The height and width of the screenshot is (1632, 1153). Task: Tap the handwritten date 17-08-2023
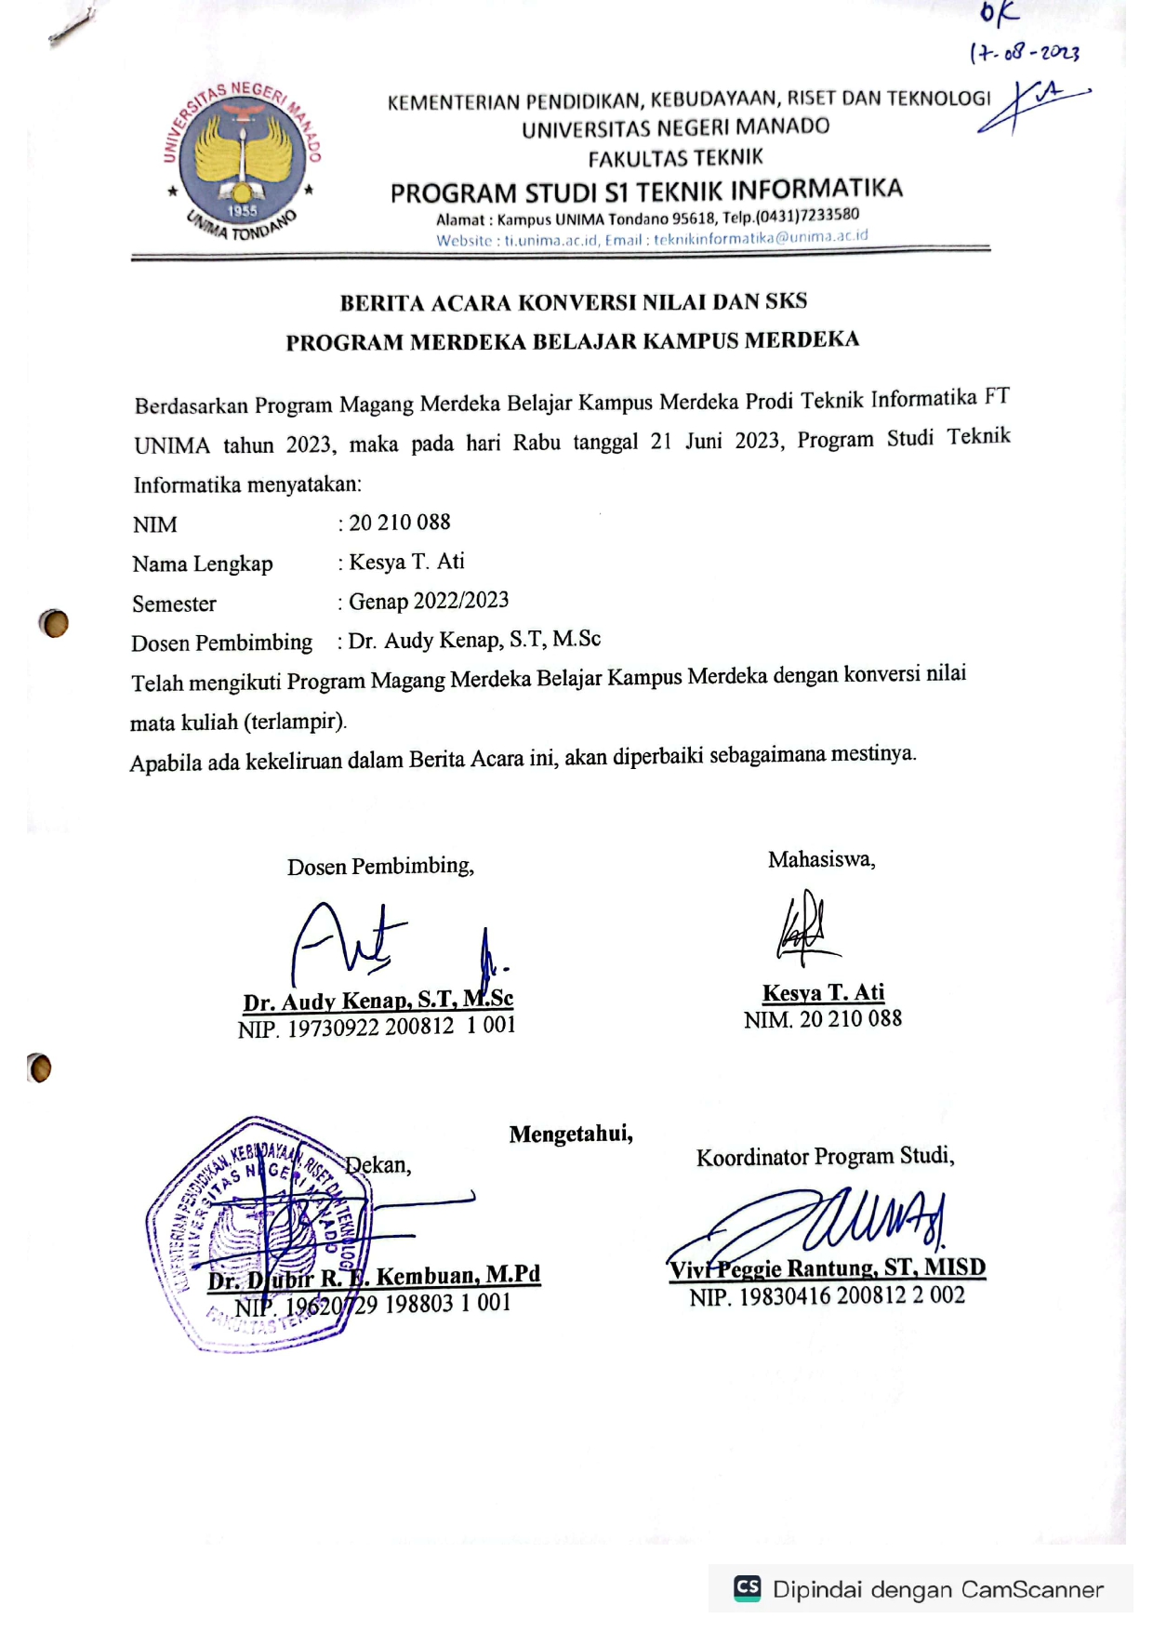click(1024, 52)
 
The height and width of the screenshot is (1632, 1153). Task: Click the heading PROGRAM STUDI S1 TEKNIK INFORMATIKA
click(646, 192)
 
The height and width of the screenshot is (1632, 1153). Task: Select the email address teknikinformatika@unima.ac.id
click(761, 238)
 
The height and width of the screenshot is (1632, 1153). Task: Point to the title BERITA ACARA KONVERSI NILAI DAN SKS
click(573, 302)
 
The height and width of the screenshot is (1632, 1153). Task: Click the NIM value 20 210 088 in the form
click(400, 523)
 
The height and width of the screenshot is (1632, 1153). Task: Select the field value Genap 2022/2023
click(429, 601)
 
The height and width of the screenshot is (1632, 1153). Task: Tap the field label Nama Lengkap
click(203, 564)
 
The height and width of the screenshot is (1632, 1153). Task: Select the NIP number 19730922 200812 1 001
click(401, 1027)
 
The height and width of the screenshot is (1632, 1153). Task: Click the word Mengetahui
click(571, 1134)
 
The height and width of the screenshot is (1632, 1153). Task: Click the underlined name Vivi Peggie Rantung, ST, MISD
click(827, 1268)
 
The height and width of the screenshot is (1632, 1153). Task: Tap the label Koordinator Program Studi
click(826, 1157)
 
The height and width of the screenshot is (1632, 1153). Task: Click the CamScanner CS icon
click(748, 1587)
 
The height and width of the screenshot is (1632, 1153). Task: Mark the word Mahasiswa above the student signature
click(821, 860)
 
